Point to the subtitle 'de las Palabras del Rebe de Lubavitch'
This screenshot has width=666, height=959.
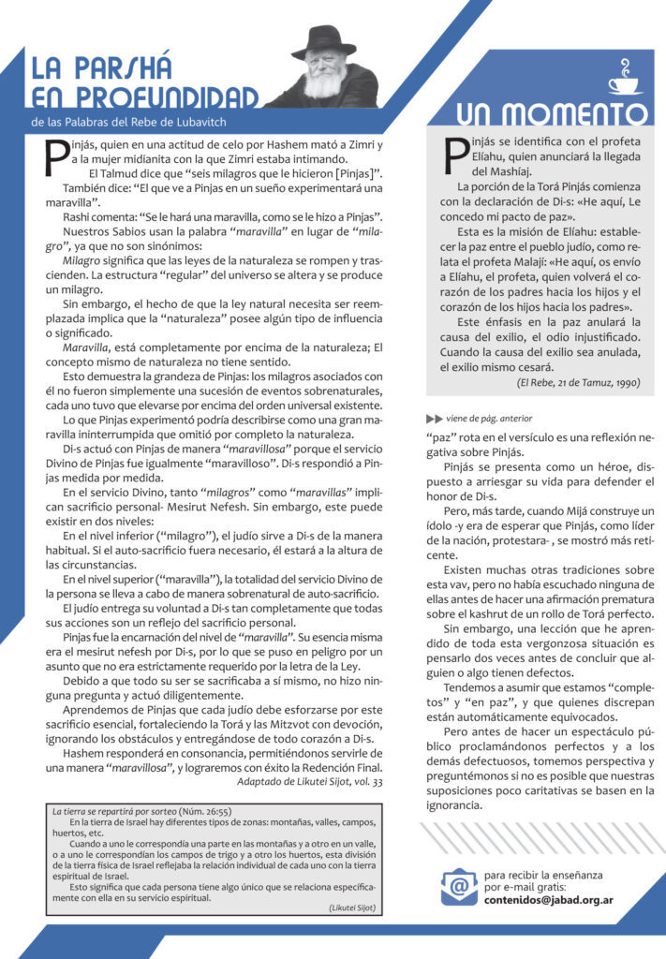coord(128,122)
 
